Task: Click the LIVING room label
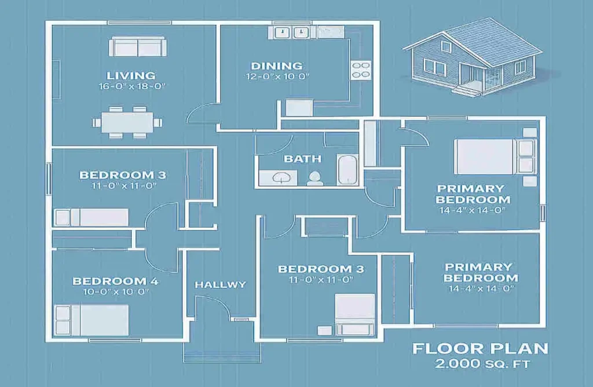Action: point(131,75)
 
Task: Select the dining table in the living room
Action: point(127,122)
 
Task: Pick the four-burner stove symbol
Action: point(361,70)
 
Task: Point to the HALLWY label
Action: point(220,284)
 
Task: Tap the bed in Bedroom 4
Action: point(92,319)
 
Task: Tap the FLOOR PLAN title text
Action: point(480,349)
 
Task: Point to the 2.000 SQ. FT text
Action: point(480,365)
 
